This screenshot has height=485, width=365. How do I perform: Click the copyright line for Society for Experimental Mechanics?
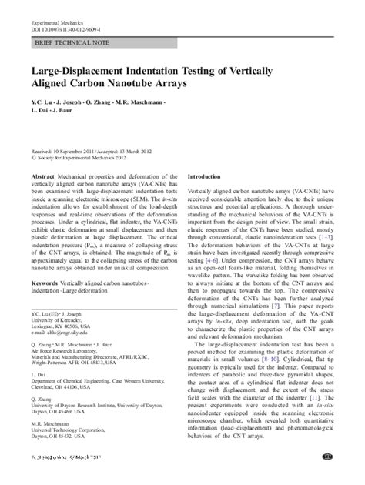pyautogui.click(x=79, y=159)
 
